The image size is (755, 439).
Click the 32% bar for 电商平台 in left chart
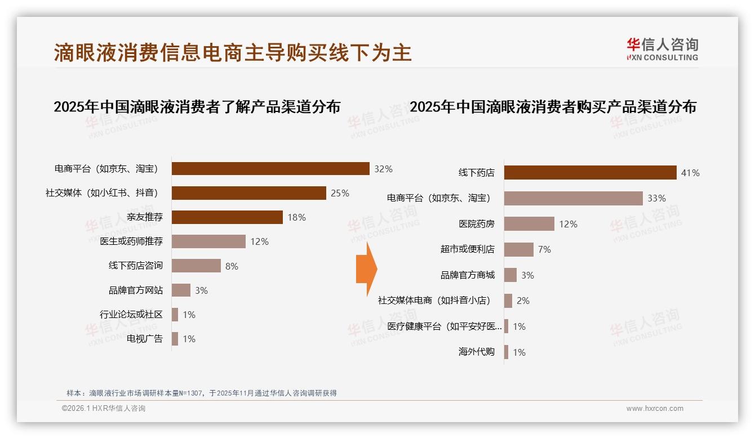click(270, 168)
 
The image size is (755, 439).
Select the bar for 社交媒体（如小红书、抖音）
click(248, 193)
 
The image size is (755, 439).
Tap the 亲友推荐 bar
click(227, 217)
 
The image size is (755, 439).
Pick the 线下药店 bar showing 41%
click(590, 173)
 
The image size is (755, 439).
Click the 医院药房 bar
click(529, 224)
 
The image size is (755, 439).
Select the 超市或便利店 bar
click(518, 249)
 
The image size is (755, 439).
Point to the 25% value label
click(340, 193)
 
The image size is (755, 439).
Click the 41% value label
click(690, 173)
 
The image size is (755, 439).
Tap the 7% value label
click(544, 249)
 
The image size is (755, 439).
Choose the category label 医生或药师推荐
click(131, 241)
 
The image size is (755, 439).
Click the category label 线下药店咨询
click(136, 266)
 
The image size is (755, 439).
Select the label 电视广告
click(145, 339)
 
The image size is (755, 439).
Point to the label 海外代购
click(477, 352)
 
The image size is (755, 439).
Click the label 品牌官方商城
click(468, 275)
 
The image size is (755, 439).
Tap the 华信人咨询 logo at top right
click(662, 49)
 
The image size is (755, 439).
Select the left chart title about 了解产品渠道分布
click(197, 107)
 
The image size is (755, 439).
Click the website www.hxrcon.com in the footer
click(655, 409)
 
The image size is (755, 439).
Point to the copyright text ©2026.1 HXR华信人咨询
click(104, 409)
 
